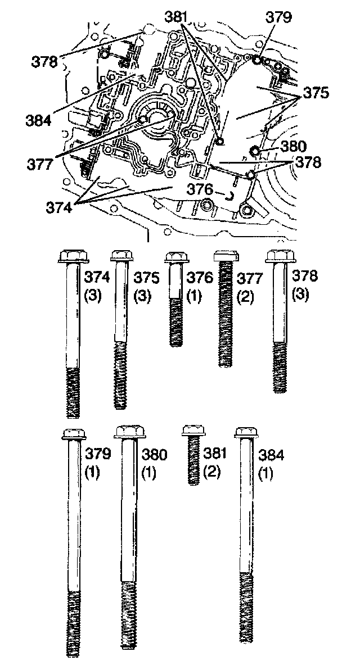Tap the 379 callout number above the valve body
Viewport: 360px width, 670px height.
coord(280,17)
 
